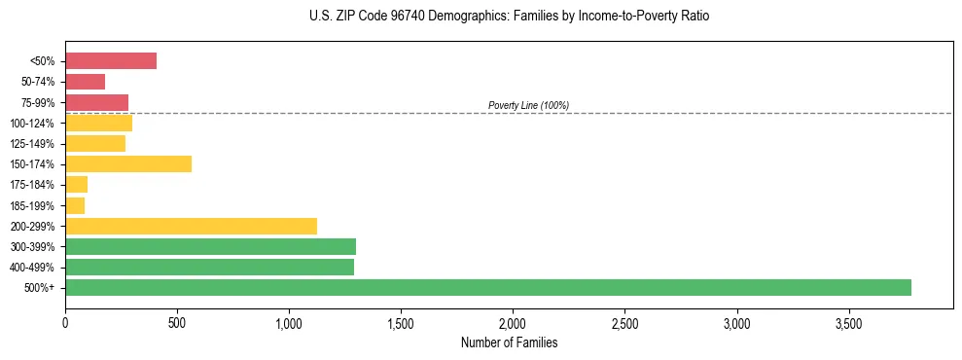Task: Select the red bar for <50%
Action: coord(111,61)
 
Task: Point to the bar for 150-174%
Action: coord(128,163)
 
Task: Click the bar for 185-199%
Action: coord(75,205)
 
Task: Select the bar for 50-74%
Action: coord(85,82)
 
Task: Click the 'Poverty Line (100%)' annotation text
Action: coord(528,105)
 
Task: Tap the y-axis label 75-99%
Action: coord(39,102)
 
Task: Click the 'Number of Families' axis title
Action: coord(509,342)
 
